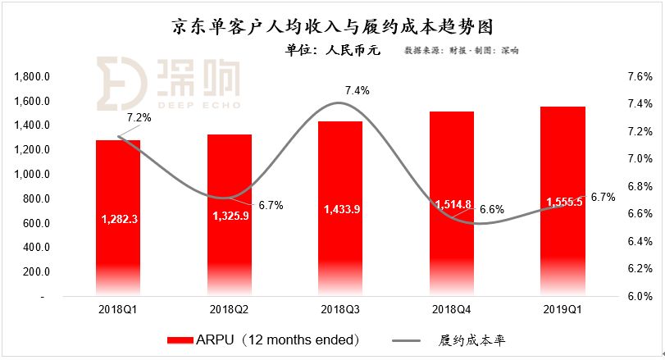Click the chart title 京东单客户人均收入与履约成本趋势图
tap(333, 27)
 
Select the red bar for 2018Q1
tap(118, 217)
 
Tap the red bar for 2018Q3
tap(340, 208)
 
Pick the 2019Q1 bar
tap(563, 201)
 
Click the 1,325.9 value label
tap(230, 216)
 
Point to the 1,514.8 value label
tap(453, 205)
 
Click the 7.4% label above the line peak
tap(357, 90)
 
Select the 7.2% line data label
tap(139, 117)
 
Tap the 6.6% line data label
tap(492, 209)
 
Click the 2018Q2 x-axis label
tap(229, 309)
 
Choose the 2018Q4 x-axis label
tap(452, 309)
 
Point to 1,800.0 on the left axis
tap(32, 77)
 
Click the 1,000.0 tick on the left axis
tap(32, 175)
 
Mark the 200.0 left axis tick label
tap(36, 271)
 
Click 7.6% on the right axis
tap(640, 77)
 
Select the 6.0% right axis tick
tap(640, 296)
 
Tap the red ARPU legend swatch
tap(180, 340)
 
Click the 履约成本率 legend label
tap(472, 340)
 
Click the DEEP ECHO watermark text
tap(199, 105)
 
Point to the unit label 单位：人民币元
tap(333, 50)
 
